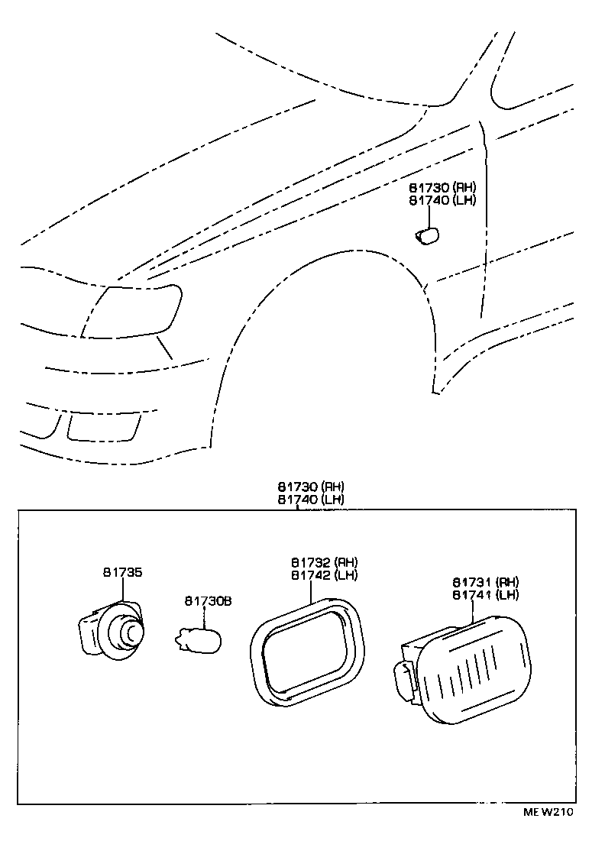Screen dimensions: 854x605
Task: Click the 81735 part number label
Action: [x=122, y=571]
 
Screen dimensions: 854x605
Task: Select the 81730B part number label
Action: [x=207, y=601]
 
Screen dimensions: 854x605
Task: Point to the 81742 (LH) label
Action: [x=323, y=575]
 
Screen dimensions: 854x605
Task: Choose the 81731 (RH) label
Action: [x=485, y=581]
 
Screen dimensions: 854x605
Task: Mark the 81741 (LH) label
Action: [x=485, y=594]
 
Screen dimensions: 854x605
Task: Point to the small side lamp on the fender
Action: [x=426, y=236]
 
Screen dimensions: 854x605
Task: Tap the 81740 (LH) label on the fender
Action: [x=442, y=200]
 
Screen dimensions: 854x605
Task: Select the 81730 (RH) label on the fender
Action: [x=442, y=187]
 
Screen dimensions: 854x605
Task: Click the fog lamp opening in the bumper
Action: [x=103, y=427]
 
